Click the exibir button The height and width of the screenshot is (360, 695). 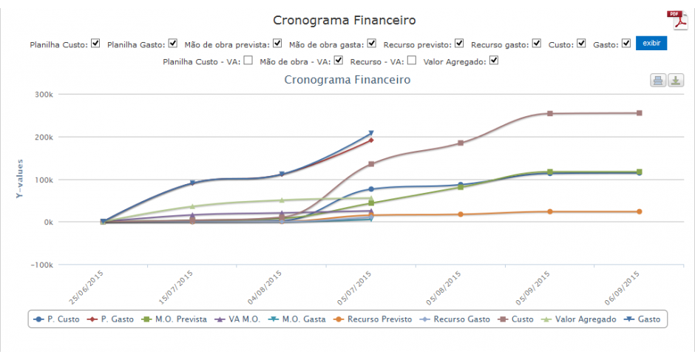[x=651, y=44]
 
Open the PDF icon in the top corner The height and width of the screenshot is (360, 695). [x=677, y=20]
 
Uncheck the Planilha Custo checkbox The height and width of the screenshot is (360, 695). [x=95, y=44]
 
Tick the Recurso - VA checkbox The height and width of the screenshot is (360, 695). [x=411, y=61]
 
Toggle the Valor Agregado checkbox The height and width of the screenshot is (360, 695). [x=495, y=61]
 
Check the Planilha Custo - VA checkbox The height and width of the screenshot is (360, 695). [x=248, y=61]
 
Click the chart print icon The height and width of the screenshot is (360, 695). [x=657, y=81]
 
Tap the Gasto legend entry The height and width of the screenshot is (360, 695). [x=643, y=319]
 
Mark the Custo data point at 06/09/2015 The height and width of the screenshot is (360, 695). [x=640, y=113]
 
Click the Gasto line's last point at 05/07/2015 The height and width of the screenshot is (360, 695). [x=371, y=133]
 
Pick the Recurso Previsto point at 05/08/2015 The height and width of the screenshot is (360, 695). [x=461, y=214]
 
